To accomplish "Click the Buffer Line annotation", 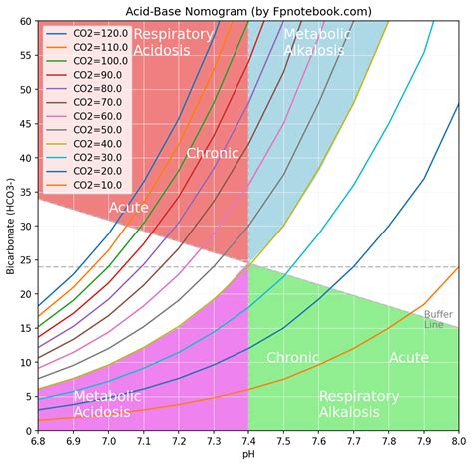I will pyautogui.click(x=439, y=319).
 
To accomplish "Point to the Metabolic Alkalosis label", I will pyautogui.click(x=316, y=42).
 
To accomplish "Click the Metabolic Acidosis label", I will pyautogui.click(x=107, y=404).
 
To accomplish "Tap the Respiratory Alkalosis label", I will pyautogui.click(x=359, y=404).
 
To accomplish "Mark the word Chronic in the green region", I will pyautogui.click(x=293, y=358).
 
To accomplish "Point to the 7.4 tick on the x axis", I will pyautogui.click(x=247, y=440).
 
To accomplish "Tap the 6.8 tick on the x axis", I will pyautogui.click(x=38, y=440).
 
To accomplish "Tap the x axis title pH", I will pyautogui.click(x=247, y=455).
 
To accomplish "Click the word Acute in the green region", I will pyautogui.click(x=409, y=358).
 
